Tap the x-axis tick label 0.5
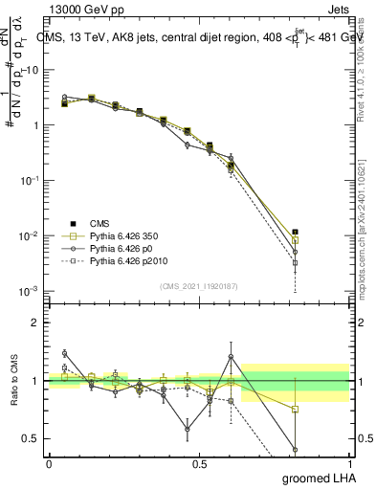point(199,464)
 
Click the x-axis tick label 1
point(349,464)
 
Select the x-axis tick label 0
point(49,464)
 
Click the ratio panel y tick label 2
point(35,323)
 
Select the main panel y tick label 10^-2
point(29,235)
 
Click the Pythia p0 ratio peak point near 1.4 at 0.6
point(231,357)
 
